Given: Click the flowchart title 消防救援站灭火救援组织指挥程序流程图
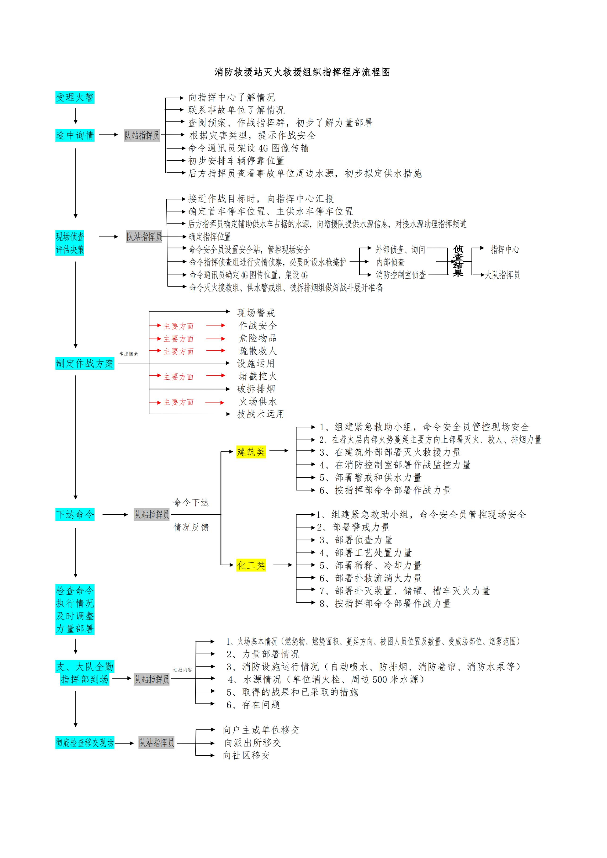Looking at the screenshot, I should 302,72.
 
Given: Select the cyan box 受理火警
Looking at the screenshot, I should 75,98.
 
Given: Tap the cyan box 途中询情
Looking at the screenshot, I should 75,135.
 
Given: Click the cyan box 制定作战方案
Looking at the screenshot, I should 85,363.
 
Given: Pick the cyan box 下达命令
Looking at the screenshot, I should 75,515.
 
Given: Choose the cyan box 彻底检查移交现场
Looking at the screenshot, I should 85,742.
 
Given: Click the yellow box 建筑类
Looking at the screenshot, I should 251,452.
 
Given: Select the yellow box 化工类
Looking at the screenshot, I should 251,565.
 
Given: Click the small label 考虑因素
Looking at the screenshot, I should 129,354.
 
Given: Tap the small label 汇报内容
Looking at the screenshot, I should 183,670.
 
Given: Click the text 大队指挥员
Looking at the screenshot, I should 502,275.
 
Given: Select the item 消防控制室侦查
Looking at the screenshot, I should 401,275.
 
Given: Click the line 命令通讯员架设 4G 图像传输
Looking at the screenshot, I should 248,148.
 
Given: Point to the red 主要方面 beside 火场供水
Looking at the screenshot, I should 178,402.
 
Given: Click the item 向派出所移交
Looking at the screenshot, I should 252,742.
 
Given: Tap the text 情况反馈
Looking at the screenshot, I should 191,527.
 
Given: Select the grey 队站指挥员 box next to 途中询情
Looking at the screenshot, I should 142,135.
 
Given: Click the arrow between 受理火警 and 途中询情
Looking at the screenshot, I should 76,116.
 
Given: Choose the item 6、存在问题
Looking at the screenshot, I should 253,705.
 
